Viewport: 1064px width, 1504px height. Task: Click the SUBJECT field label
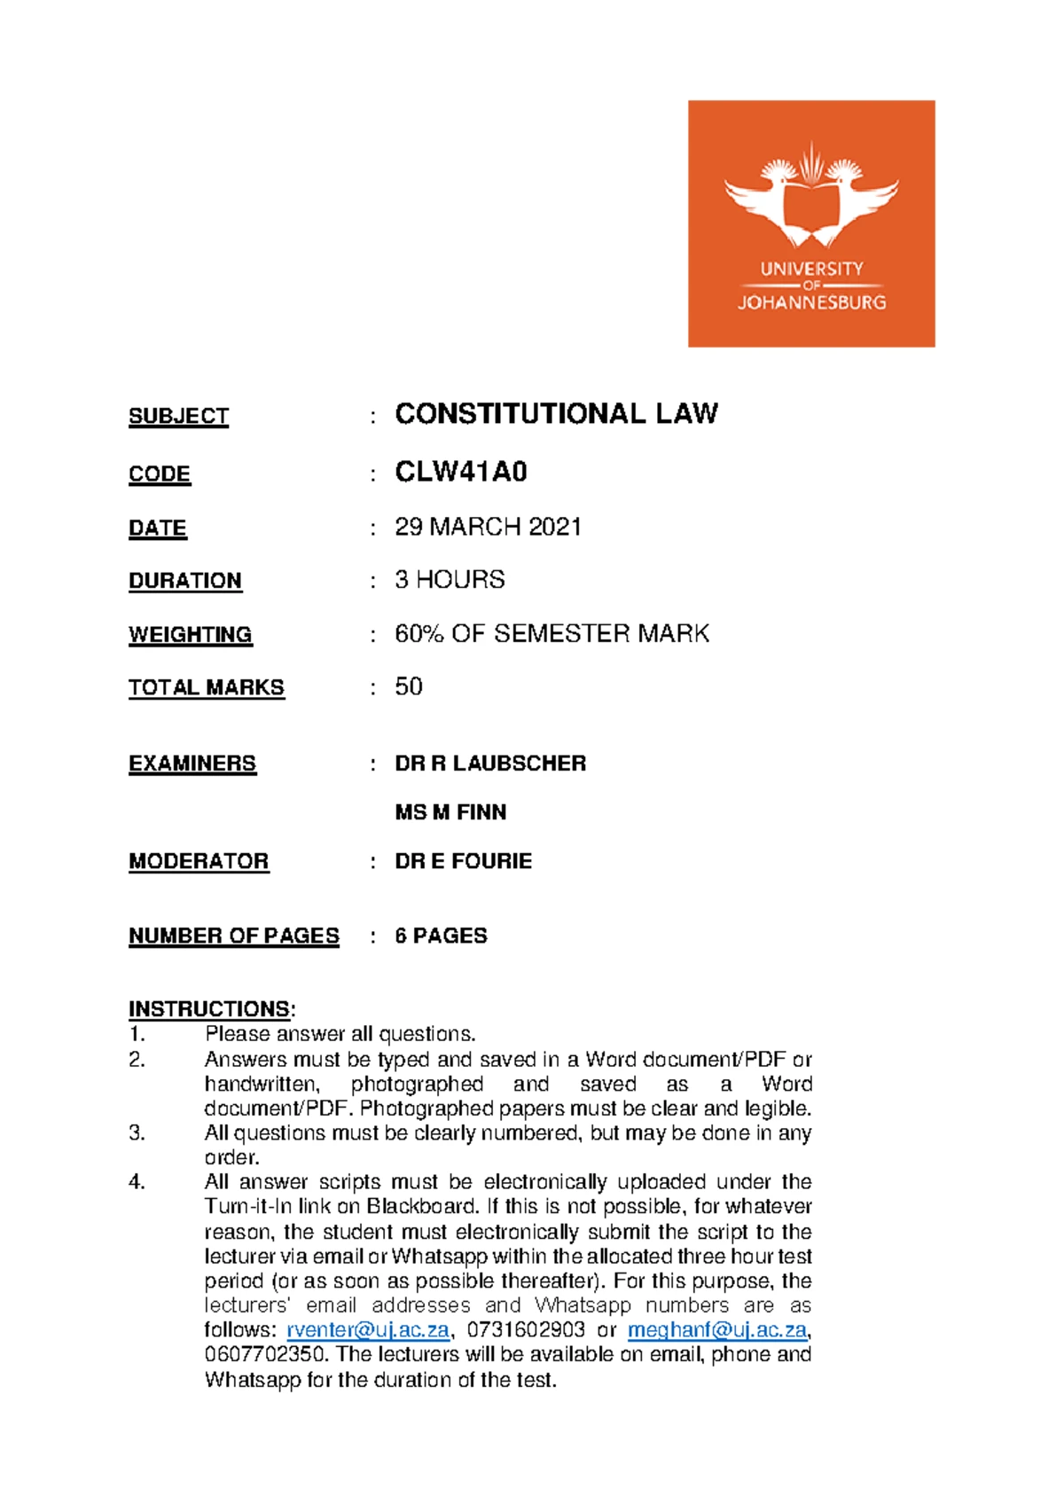[178, 416]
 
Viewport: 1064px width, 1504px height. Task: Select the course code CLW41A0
[461, 472]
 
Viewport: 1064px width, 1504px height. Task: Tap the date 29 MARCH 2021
[488, 527]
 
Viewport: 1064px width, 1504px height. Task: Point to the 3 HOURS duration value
[450, 580]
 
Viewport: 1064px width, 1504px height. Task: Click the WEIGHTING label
[190, 635]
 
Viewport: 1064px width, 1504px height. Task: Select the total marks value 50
[409, 686]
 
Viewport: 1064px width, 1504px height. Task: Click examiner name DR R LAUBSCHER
[490, 764]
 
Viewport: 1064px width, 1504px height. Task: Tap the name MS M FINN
[450, 812]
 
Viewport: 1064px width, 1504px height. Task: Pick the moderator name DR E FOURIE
[463, 861]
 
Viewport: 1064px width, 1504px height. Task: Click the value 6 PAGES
[441, 936]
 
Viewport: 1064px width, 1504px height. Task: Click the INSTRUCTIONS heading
[209, 1009]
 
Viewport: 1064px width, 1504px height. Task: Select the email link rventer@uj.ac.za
[368, 1330]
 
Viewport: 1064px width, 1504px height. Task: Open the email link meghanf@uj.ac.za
[716, 1330]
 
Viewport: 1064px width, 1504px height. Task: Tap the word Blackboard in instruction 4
[423, 1207]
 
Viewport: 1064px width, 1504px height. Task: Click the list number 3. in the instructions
[137, 1133]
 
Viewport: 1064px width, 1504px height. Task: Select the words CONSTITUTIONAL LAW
[556, 414]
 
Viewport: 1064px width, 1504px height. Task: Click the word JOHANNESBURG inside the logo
[811, 302]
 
